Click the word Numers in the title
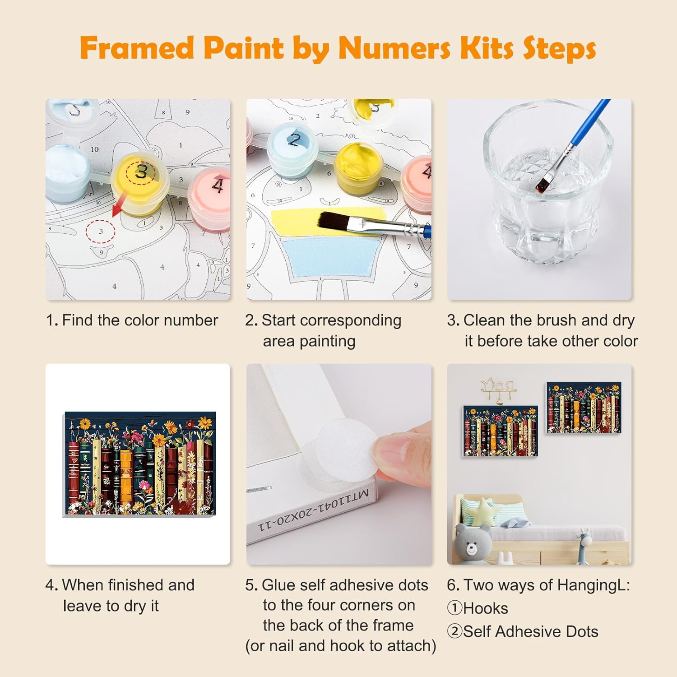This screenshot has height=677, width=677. [x=394, y=47]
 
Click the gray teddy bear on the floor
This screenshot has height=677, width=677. [x=472, y=543]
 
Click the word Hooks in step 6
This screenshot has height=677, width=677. [x=486, y=608]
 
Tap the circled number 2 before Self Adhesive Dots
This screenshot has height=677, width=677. [x=454, y=631]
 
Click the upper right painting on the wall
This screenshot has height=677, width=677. [x=584, y=408]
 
